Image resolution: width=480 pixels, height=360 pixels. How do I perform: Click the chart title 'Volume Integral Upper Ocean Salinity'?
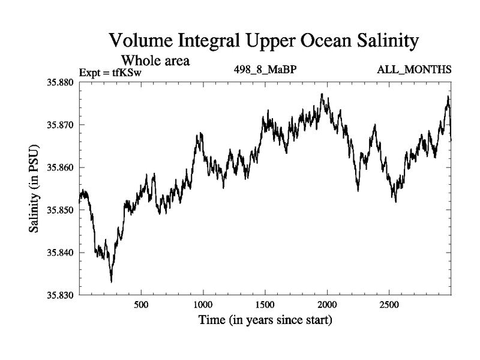click(263, 41)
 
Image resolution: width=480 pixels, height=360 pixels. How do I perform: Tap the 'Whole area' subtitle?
click(156, 60)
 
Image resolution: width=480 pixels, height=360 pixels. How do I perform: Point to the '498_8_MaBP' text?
click(265, 70)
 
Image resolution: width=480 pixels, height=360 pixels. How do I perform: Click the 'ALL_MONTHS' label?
click(414, 70)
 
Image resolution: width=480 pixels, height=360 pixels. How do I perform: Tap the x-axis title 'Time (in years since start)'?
click(265, 320)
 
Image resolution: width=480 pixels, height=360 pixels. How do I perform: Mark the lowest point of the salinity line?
click(111, 281)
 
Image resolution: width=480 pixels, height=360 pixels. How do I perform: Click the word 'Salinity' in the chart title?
click(380, 41)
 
